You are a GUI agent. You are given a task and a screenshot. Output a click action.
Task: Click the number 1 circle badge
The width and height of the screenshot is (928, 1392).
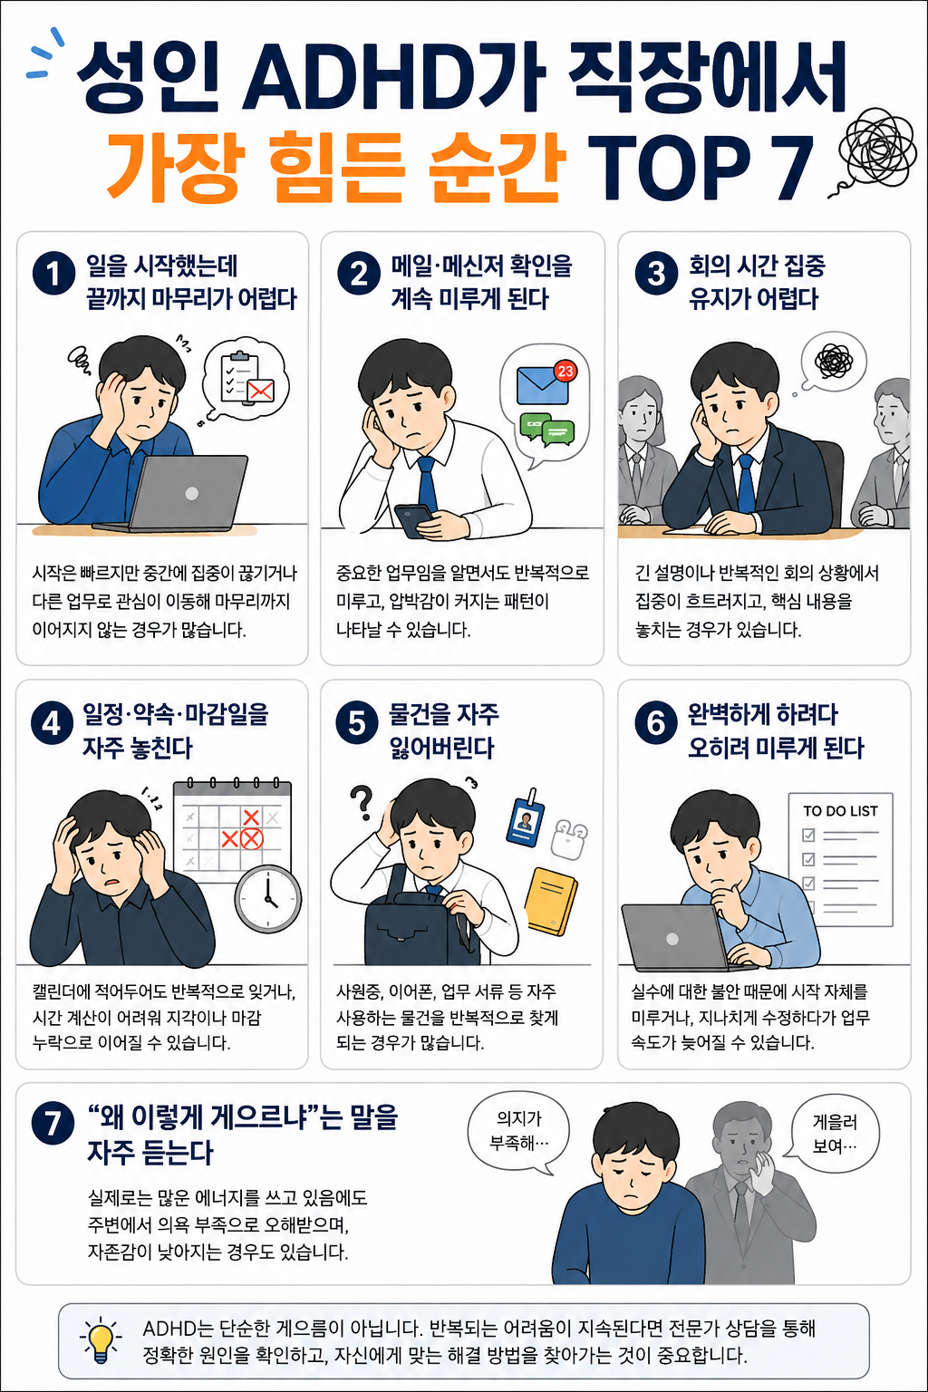click(x=54, y=273)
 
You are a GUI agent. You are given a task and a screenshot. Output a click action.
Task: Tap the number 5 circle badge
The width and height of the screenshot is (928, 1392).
click(x=357, y=722)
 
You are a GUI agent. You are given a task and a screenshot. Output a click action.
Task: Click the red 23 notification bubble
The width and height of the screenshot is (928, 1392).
click(x=565, y=371)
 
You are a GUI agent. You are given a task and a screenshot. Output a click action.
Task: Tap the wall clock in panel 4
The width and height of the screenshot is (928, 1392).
click(x=268, y=899)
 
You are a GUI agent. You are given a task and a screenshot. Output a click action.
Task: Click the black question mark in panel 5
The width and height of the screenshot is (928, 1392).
click(x=361, y=802)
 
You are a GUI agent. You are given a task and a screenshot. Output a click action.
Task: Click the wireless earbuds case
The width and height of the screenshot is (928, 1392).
click(x=569, y=839)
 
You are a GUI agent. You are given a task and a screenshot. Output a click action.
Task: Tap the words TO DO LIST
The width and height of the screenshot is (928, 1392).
click(x=840, y=811)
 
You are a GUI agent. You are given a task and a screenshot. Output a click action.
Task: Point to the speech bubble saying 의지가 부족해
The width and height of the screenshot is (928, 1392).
click(x=518, y=1134)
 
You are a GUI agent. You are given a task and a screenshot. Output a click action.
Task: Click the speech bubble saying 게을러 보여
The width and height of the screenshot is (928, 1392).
click(x=834, y=1134)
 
